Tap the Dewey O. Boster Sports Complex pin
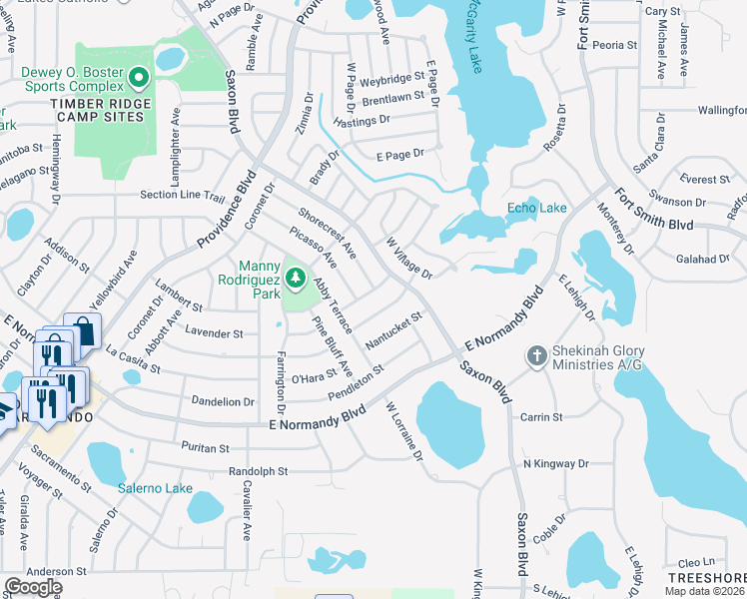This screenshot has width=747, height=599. [x=139, y=77]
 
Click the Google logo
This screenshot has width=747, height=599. [x=33, y=587]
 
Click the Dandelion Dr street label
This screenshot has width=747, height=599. [x=223, y=401]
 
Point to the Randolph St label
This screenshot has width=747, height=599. [x=258, y=470]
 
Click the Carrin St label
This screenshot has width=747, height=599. [x=543, y=416]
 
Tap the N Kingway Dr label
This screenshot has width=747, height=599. [x=556, y=464]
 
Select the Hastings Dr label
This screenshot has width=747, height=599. [x=363, y=120]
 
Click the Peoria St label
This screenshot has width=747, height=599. [x=614, y=45]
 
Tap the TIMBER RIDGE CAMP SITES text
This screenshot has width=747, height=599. [x=104, y=110]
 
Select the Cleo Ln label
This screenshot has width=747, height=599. [x=696, y=562]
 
